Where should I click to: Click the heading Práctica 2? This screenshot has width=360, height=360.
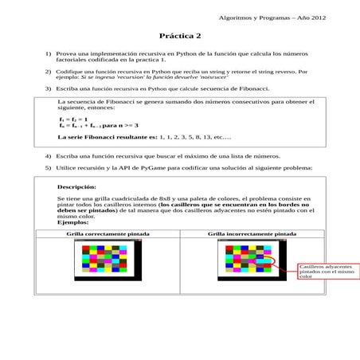click(x=180, y=36)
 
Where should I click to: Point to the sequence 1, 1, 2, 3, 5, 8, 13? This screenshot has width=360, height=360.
click(x=183, y=137)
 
